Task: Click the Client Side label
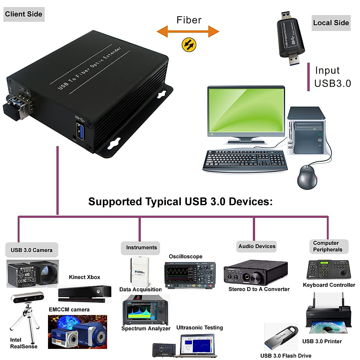tap(24, 14)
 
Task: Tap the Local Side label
tap(331, 23)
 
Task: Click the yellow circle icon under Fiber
tap(189, 45)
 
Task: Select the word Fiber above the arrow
tap(189, 20)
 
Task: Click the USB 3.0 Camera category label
tap(31, 250)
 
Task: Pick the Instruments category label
tap(141, 247)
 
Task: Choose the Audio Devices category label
tap(257, 246)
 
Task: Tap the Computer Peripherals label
tap(328, 246)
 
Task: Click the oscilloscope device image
tap(190, 274)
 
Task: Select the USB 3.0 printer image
tap(328, 315)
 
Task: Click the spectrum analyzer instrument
tap(145, 311)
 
